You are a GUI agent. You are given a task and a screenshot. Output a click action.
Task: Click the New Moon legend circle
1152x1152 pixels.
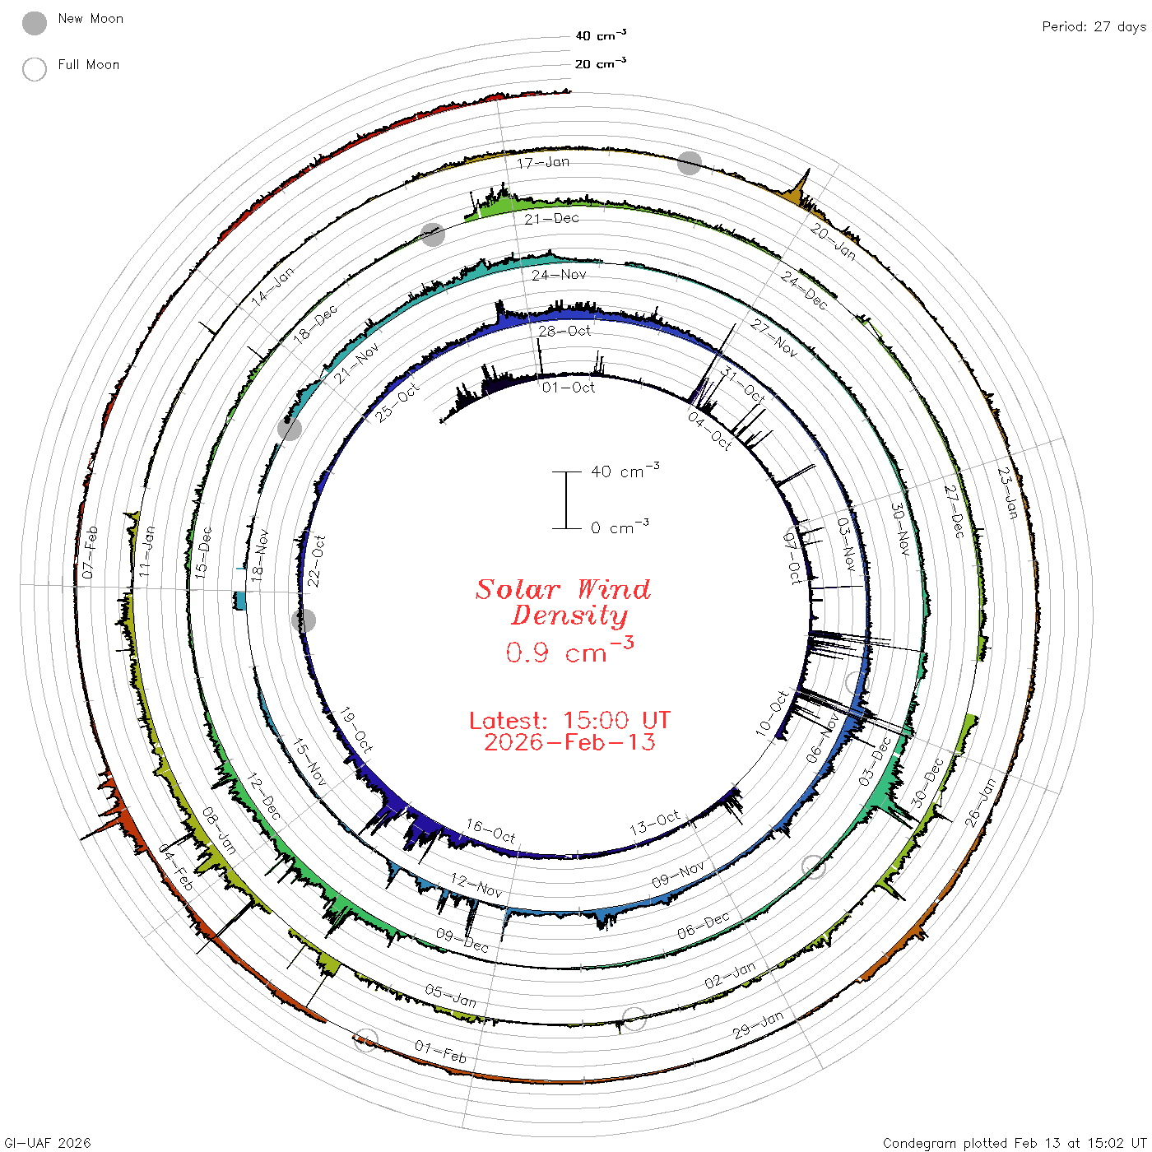click(35, 23)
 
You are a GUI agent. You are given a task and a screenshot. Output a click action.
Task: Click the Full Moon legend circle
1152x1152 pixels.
click(35, 69)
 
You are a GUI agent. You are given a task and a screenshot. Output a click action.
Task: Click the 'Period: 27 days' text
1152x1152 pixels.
click(1094, 27)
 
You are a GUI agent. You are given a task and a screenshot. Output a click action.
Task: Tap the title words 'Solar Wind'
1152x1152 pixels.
click(563, 589)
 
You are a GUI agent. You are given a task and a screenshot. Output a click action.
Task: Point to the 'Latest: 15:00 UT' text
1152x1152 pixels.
click(569, 720)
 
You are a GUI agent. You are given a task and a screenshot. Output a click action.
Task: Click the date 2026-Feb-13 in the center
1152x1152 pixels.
click(569, 742)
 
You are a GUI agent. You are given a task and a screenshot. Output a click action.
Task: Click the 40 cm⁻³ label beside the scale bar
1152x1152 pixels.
click(625, 471)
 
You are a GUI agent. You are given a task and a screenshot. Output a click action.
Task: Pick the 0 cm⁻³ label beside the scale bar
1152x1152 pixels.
click(620, 527)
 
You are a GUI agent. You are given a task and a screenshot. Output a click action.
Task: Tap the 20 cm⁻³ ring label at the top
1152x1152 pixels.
click(600, 63)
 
